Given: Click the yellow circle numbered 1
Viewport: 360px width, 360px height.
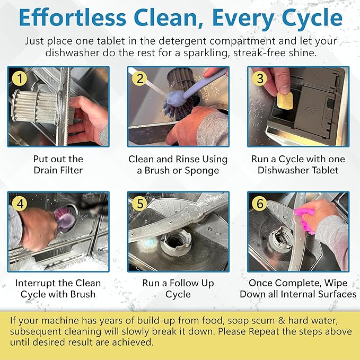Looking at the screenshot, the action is pos(20,78).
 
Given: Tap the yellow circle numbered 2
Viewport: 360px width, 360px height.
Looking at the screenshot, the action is pos(139,78).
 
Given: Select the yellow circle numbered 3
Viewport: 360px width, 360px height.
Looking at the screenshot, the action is pos(260,78).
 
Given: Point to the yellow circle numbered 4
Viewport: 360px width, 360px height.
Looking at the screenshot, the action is pos(20,203).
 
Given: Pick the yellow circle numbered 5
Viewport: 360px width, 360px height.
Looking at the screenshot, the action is pos(139,203).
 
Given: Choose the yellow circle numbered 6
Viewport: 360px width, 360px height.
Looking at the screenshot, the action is pos(260,203).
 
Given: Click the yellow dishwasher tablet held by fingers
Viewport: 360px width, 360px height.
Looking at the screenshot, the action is pos(285,100).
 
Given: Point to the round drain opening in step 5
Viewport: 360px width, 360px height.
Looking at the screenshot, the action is pos(175,243).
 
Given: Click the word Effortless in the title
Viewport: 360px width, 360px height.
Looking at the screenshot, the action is pos(73,17).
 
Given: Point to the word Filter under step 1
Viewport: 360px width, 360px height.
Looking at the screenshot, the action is pos(71,170).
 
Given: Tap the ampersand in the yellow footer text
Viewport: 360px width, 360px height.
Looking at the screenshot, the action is pos(282,321).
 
